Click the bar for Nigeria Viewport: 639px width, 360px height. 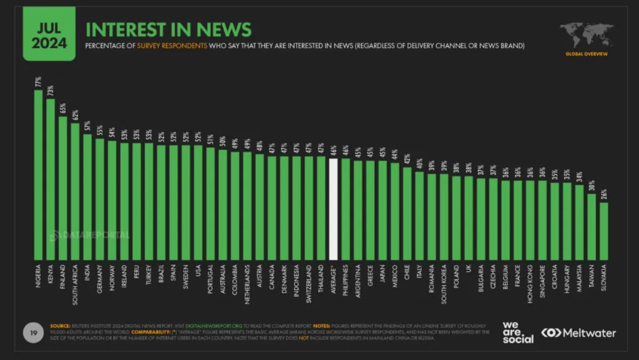point(39,175)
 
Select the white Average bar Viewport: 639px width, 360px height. point(333,209)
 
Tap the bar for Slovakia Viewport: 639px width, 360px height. point(604,231)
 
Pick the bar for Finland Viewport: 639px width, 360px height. point(63,188)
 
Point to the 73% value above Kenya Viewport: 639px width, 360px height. point(51,91)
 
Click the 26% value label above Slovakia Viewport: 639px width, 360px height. point(604,194)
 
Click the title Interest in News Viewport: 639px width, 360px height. point(168,29)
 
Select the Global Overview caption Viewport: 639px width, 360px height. point(587,54)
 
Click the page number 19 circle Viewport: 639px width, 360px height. point(31,331)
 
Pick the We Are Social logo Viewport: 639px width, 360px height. point(518,333)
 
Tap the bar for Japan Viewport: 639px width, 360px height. point(383,210)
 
